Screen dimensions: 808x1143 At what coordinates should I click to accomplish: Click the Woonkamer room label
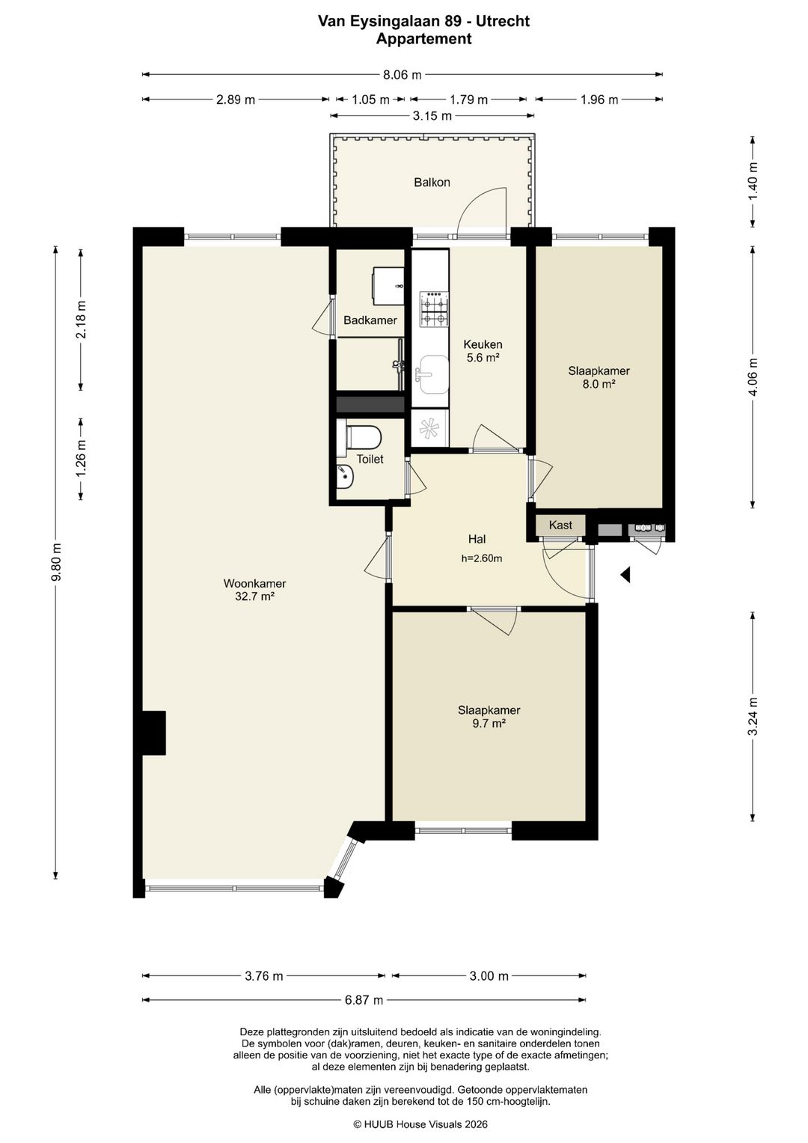coord(254,583)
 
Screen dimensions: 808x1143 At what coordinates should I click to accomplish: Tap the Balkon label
coord(432,182)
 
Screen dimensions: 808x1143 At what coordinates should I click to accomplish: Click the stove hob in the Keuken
coord(434,308)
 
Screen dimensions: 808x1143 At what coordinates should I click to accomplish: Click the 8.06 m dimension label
coord(403,75)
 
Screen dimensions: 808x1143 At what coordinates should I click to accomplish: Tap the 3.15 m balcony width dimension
coord(432,116)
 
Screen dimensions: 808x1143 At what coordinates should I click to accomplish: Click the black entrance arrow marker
coord(626,575)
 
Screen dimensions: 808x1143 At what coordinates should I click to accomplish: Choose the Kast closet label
coord(560,525)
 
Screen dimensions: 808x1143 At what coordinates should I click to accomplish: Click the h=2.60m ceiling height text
coord(482,558)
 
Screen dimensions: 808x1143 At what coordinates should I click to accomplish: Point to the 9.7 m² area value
coord(488,723)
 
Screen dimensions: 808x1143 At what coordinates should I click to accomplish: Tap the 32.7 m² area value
coord(254,596)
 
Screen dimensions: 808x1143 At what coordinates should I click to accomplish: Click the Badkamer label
coord(370,320)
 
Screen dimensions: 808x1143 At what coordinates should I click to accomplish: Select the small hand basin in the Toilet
coord(346,477)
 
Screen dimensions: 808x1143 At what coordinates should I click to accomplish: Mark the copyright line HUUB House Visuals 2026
coord(420,1124)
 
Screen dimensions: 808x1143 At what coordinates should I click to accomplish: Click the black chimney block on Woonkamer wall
coord(155,733)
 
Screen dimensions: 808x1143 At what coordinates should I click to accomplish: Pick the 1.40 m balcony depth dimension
coord(753,181)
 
